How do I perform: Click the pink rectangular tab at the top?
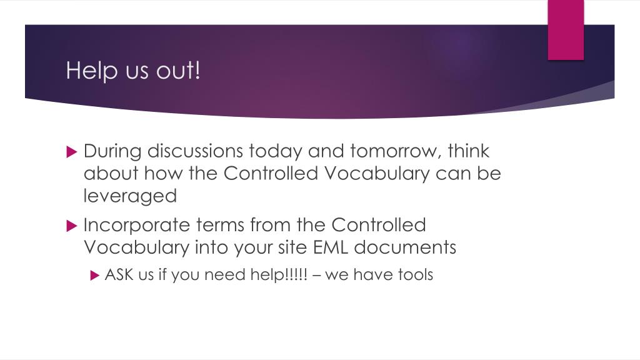(566, 30)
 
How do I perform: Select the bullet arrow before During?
(71, 152)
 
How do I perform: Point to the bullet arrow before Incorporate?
(71, 226)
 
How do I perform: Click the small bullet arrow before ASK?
(95, 276)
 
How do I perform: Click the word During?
(112, 151)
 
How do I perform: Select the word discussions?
(195, 151)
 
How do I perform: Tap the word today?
(276, 151)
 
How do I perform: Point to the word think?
(469, 151)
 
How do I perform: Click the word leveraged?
(130, 196)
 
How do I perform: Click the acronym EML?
(331, 247)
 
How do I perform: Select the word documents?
(405, 247)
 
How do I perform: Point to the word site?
(293, 247)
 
